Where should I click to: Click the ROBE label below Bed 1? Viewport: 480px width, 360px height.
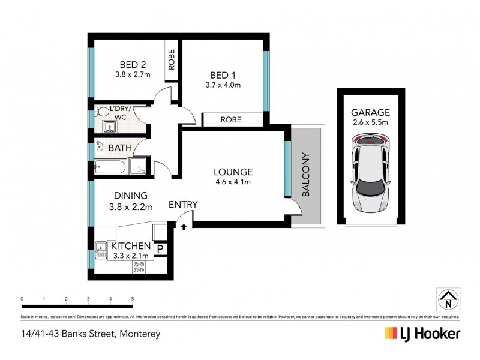(x=231, y=120)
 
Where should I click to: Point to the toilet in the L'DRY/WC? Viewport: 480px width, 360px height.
(x=103, y=112)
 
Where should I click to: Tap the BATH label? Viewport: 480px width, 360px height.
(x=119, y=148)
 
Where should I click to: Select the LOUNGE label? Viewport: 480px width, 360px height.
(x=233, y=171)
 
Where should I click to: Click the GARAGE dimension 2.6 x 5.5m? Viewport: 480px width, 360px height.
(x=370, y=123)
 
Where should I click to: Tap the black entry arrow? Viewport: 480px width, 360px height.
(x=184, y=227)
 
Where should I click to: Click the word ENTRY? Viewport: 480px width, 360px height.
(x=183, y=205)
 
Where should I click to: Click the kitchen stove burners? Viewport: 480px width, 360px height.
(x=140, y=267)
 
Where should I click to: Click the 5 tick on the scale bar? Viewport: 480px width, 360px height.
(x=132, y=298)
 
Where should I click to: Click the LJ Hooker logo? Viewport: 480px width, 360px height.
(x=422, y=334)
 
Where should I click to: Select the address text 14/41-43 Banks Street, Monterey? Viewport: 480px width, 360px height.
(x=91, y=334)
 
